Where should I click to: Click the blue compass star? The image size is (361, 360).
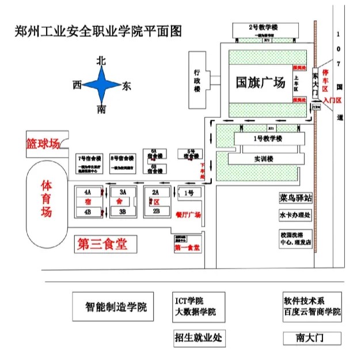pyautogui.click(x=101, y=85)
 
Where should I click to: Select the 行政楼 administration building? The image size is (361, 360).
pyautogui.click(x=197, y=81)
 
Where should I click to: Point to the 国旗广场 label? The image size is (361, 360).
pyautogui.click(x=260, y=83)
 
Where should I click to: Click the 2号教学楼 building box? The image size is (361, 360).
pyautogui.click(x=264, y=28)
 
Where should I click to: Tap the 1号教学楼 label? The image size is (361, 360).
pyautogui.click(x=268, y=139)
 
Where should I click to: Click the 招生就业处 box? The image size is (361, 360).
pyautogui.click(x=198, y=338)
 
